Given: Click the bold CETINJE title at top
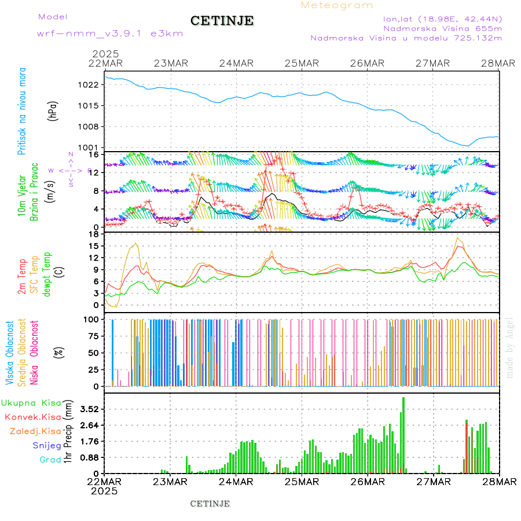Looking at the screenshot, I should click(x=222, y=21).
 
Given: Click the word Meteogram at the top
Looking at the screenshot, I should click(x=337, y=5).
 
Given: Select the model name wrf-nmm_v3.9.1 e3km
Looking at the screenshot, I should click(x=110, y=33).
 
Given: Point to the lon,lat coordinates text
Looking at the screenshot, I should click(x=442, y=19).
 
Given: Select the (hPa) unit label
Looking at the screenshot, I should click(x=53, y=110).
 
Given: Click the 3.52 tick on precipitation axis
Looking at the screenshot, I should click(x=89, y=409).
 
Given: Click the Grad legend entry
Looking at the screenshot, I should click(x=50, y=460).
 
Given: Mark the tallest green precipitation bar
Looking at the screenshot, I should click(x=403, y=434).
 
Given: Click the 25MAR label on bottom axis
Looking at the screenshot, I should click(x=302, y=482).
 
